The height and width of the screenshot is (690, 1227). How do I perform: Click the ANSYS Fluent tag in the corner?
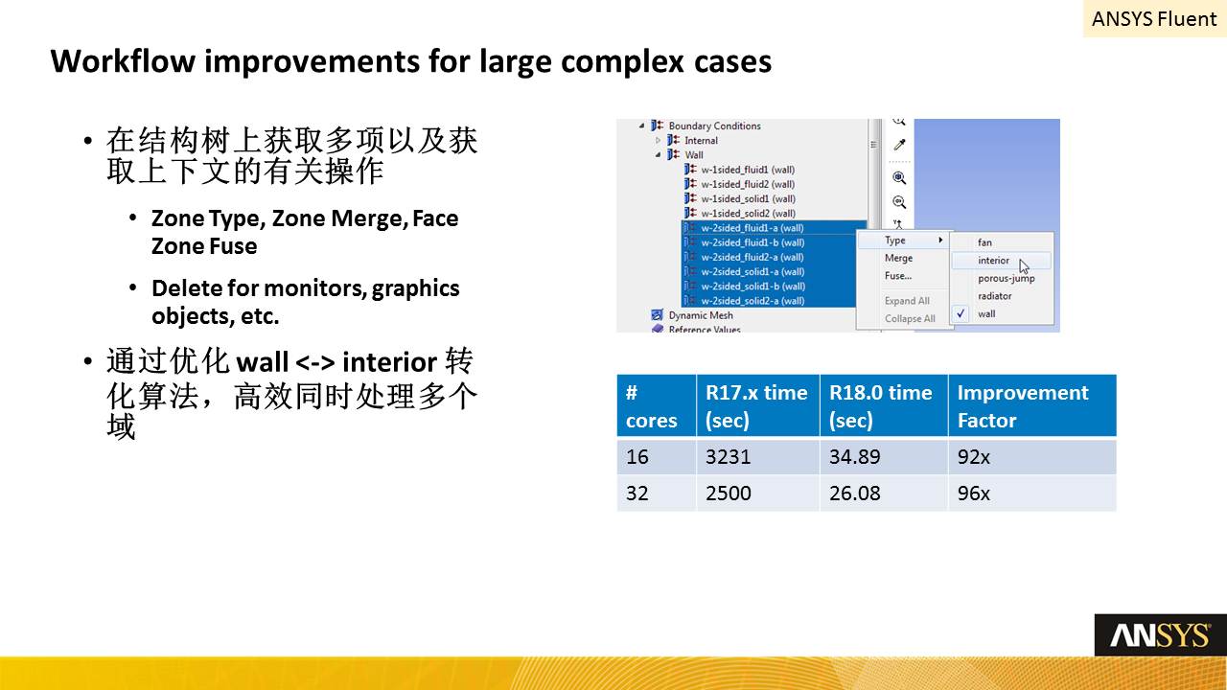click(1154, 18)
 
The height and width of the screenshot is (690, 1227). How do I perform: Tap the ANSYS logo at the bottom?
click(1160, 635)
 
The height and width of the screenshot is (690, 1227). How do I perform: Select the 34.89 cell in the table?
click(884, 457)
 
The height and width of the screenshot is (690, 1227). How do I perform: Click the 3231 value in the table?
click(757, 457)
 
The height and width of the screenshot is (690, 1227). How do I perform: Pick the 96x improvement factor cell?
click(1032, 493)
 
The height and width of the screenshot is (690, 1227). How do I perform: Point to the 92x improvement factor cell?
click(1032, 457)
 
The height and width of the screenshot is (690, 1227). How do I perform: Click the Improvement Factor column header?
click(1032, 405)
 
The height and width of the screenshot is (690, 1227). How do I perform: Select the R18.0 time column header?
click(884, 405)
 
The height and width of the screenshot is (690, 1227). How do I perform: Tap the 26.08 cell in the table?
click(884, 493)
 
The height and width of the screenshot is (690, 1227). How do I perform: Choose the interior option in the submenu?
click(993, 261)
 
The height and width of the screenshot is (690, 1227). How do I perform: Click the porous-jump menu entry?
click(1006, 278)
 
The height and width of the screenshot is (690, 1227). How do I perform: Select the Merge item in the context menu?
click(898, 258)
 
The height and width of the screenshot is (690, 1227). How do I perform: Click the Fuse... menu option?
click(898, 276)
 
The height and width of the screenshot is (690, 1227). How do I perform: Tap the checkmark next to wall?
click(961, 313)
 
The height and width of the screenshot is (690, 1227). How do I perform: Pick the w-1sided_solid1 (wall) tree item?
click(748, 198)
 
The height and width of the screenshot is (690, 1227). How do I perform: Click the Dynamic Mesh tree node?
click(701, 315)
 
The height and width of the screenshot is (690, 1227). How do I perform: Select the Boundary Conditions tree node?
click(714, 126)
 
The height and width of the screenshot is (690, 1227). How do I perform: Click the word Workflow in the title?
click(124, 60)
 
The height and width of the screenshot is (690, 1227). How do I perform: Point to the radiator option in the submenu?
click(995, 296)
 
